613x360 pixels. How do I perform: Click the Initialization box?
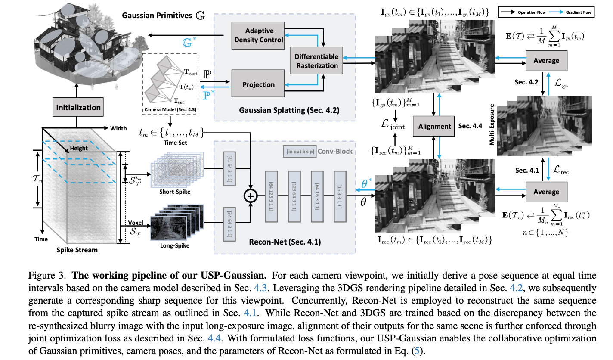tap(78, 107)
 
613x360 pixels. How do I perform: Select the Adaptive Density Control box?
tap(259, 35)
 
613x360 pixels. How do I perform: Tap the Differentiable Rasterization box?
tap(316, 61)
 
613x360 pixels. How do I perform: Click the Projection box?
tap(259, 85)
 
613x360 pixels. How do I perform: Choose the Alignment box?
tap(434, 126)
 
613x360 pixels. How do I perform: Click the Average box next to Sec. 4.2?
tap(546, 61)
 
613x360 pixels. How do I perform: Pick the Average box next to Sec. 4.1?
tap(546, 192)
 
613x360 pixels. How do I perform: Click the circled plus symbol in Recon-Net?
tap(251, 196)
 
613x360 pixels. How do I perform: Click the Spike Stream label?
tap(77, 250)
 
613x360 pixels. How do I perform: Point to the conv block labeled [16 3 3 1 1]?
tap(339, 196)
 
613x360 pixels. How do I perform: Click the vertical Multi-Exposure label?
tap(492, 127)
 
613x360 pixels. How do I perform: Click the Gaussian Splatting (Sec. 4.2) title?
tap(285, 110)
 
